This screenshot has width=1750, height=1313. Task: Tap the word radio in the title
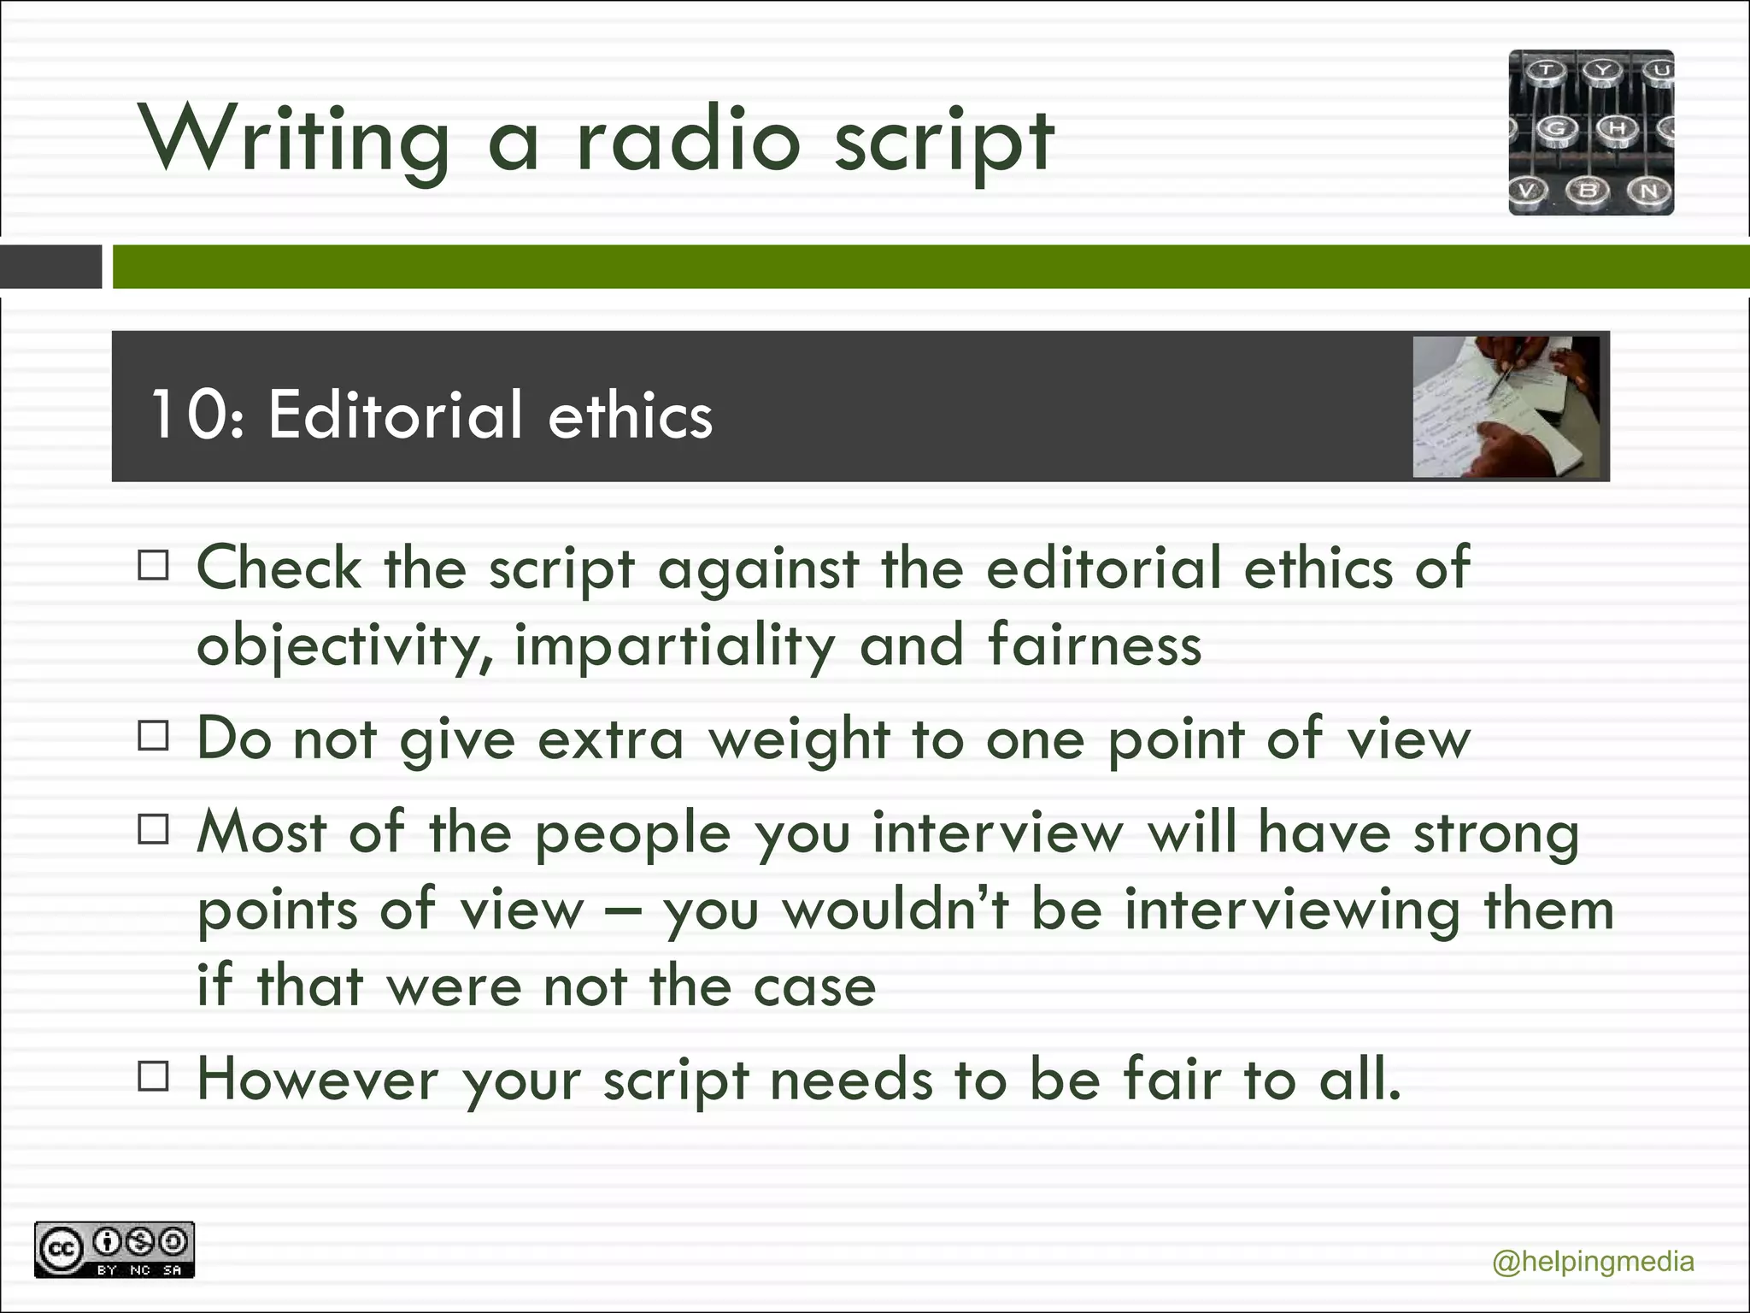point(688,139)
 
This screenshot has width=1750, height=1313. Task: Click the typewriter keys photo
point(1591,132)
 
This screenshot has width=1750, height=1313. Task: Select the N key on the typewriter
point(1648,191)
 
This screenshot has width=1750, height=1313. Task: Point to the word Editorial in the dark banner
point(394,415)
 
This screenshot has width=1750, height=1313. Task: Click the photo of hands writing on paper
point(1506,407)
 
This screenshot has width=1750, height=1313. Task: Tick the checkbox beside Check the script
point(154,566)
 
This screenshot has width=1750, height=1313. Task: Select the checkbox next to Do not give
point(154,736)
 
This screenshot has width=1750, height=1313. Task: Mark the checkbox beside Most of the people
point(154,829)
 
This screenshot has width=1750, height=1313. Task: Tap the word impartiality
point(675,645)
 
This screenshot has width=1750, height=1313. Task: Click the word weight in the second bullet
point(799,739)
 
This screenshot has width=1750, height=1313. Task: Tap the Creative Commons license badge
point(115,1250)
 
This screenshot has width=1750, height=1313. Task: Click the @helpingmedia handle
point(1593,1262)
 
